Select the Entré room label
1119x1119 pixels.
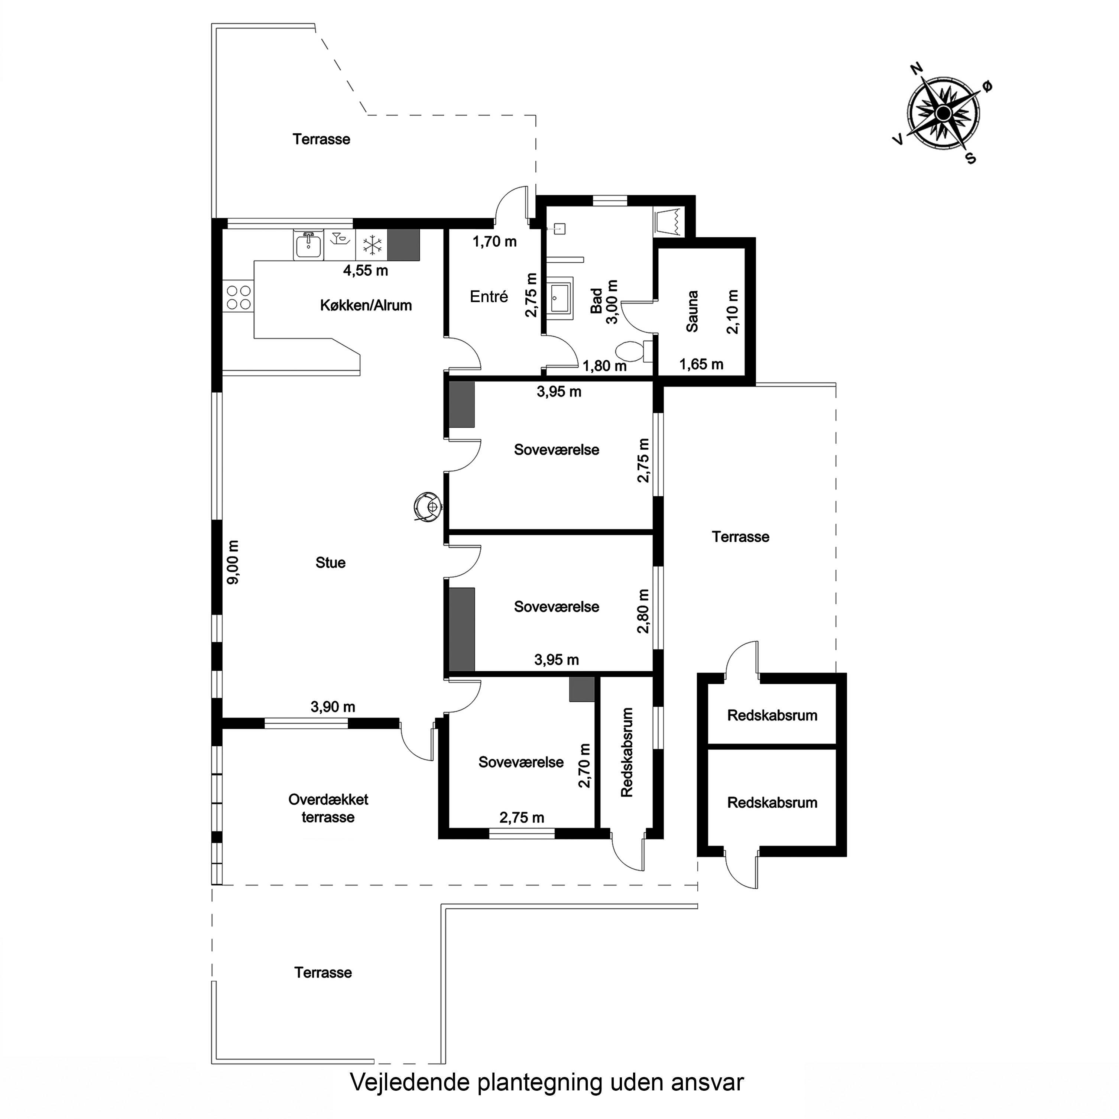pos(489,296)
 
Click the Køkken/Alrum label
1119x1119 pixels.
pos(366,305)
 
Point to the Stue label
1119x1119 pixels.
pos(331,562)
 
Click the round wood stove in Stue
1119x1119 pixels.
pos(428,507)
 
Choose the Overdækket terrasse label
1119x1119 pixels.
pos(328,808)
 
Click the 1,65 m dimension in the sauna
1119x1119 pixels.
pos(701,364)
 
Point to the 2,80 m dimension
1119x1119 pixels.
pos(643,611)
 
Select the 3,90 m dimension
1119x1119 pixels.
pos(333,707)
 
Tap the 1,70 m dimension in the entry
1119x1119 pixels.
pos(494,241)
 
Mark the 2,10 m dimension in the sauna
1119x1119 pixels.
pos(733,312)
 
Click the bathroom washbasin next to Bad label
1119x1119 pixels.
pos(560,298)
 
